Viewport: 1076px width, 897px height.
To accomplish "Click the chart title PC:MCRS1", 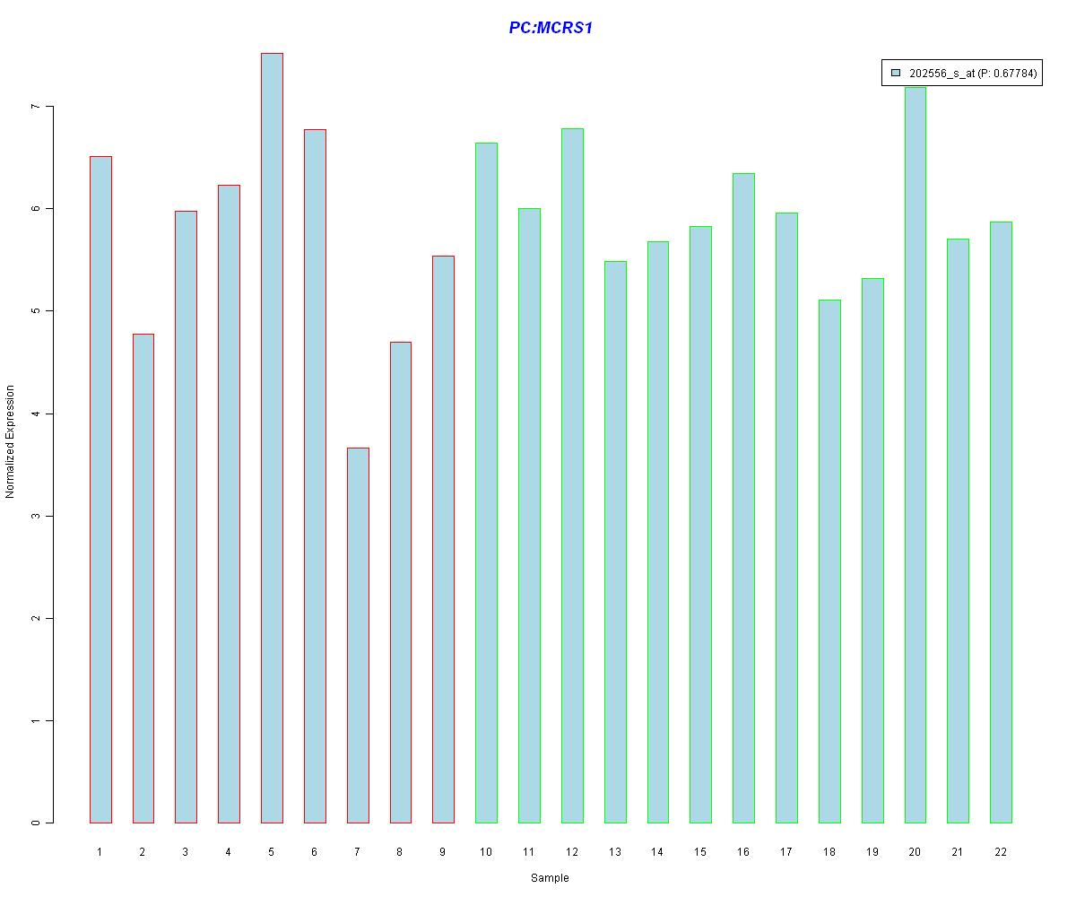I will (x=551, y=28).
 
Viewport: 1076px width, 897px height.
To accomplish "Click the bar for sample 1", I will (x=100, y=489).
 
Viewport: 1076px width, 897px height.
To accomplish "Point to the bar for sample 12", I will (x=572, y=475).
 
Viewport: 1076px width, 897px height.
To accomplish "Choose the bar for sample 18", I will (x=829, y=561).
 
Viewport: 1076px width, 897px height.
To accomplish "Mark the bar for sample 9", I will (x=443, y=539).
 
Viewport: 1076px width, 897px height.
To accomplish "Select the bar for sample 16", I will (x=743, y=498).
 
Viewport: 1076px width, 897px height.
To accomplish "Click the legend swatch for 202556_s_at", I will (x=895, y=74).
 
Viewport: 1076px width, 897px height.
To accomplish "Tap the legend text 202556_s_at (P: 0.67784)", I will (x=973, y=74).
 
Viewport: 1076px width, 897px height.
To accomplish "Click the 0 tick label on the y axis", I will (x=35, y=823).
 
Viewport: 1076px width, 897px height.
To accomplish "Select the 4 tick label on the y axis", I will (x=35, y=414).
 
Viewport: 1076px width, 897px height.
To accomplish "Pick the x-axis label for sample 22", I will (x=1001, y=852).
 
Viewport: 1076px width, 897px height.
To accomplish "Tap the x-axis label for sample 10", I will (x=486, y=852).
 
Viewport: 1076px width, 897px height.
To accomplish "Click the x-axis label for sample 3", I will (x=186, y=852).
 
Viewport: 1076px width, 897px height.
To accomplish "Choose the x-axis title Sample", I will (x=550, y=878).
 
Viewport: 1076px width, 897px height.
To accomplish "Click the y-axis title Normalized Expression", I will (x=10, y=441).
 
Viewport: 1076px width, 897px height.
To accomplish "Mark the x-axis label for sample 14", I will (x=657, y=852).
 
